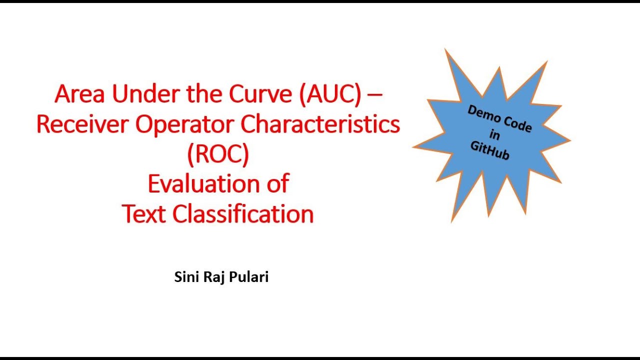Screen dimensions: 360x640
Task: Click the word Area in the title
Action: [80, 94]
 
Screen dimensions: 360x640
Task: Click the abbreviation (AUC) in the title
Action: [330, 94]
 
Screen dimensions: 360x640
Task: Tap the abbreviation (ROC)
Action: [218, 155]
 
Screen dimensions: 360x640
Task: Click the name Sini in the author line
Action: [185, 277]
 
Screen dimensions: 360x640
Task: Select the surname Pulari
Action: [248, 277]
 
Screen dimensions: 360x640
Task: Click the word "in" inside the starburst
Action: [495, 135]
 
